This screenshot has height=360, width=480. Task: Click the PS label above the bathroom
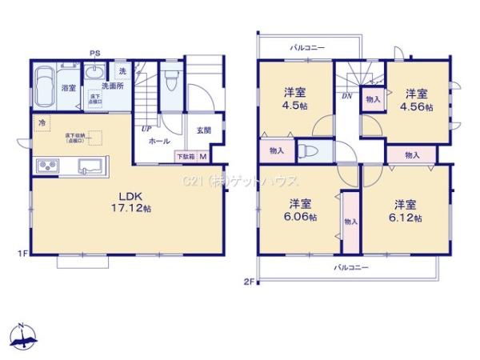[94, 54]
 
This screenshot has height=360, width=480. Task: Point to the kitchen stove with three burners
[46, 166]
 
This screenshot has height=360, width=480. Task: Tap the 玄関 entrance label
[202, 130]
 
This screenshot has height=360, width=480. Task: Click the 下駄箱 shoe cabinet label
[185, 157]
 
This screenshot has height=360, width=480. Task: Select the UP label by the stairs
[147, 128]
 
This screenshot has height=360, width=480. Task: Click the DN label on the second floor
[346, 95]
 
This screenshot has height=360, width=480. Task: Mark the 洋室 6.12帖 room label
[406, 210]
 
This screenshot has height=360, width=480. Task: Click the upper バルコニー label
[307, 48]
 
